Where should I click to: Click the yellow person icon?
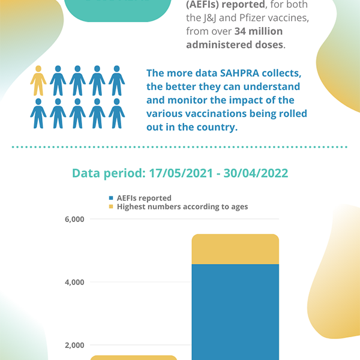tap(38, 80)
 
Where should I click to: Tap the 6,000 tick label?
tap(74, 220)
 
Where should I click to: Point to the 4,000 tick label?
tap(74, 282)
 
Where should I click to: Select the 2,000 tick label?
tap(74, 345)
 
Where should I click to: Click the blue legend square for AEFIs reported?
tap(111, 198)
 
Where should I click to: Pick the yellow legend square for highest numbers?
tap(111, 207)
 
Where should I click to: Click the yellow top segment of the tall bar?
tap(235, 249)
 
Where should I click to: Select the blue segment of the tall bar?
tap(235, 312)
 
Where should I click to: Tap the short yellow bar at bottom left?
tap(133, 358)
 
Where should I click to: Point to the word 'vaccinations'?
tap(226, 113)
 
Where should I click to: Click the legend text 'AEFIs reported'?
tap(144, 198)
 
